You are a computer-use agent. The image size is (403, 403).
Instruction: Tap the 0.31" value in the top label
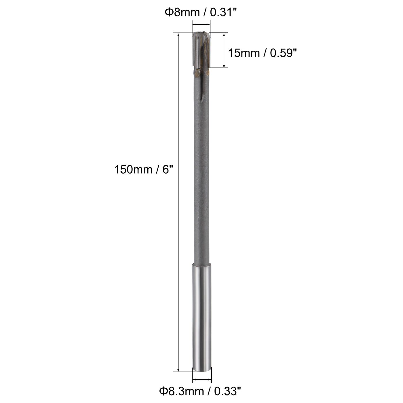coord(224,13)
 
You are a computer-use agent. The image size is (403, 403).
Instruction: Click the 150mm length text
coord(133,169)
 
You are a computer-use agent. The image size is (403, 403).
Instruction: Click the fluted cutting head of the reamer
coord(201,50)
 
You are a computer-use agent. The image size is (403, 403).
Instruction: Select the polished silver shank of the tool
coord(202,317)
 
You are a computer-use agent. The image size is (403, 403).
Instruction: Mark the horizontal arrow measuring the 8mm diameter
coord(201,25)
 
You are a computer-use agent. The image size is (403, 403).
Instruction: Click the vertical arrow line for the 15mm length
coord(224,50)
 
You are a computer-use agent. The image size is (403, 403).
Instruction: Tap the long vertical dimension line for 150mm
coord(179,201)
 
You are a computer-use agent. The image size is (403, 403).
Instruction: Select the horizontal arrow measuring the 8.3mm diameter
coord(202,380)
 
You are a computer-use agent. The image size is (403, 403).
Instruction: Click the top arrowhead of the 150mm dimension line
coord(179,34)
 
